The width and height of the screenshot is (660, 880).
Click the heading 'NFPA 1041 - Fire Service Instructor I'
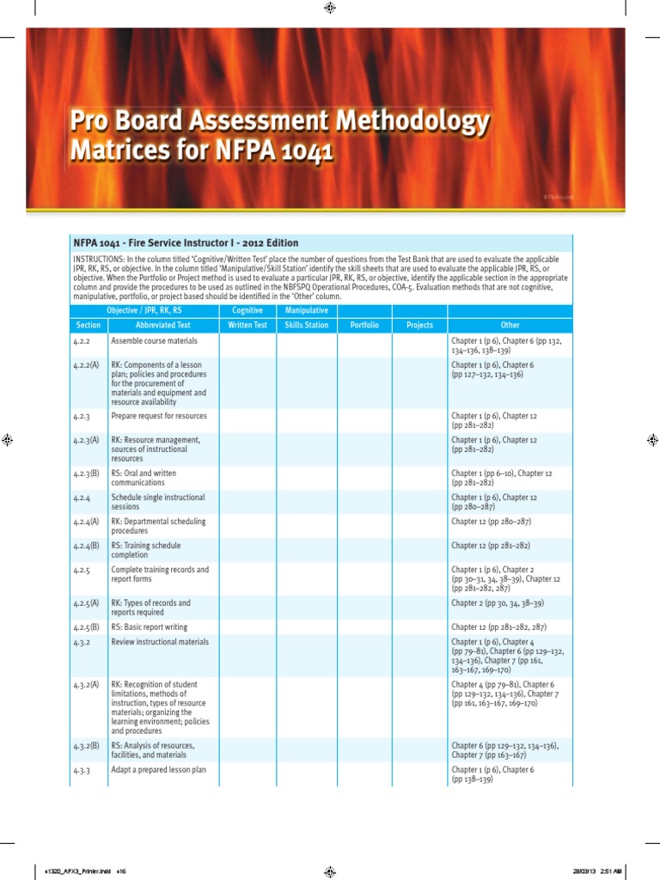185,243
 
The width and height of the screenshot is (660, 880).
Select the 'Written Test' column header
247,326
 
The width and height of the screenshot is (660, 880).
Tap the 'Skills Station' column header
306,326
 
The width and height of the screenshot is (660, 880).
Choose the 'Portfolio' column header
364,326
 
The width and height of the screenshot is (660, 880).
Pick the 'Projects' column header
419,326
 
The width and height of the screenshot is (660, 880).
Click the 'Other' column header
510,326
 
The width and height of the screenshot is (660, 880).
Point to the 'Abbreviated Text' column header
162,326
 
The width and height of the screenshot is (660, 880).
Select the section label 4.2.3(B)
86,474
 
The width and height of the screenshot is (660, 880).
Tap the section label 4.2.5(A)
86,603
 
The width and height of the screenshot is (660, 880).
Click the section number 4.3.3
82,770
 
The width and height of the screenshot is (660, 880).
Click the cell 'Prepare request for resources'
159,416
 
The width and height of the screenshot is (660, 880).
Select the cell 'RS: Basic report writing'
153,627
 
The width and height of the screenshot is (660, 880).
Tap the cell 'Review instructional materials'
160,642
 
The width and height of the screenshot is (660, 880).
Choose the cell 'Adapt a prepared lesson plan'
159,770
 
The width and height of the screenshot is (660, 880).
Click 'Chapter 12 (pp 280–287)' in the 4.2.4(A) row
494,522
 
